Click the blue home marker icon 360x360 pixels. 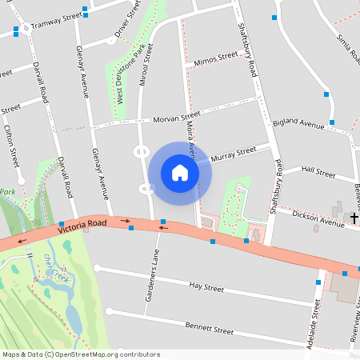coord(180,173)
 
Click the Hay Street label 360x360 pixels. coord(206,286)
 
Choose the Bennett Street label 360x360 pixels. coord(209,329)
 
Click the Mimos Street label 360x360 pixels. coord(216,58)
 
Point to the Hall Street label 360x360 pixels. coord(318,171)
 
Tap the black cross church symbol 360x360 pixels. coord(354,217)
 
